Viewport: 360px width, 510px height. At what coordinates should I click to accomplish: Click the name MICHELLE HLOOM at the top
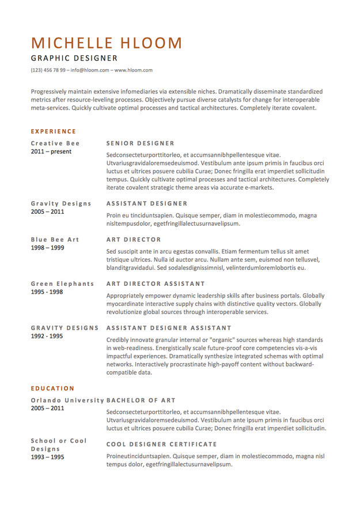point(107,43)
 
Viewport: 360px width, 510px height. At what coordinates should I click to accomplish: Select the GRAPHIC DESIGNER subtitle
point(74,58)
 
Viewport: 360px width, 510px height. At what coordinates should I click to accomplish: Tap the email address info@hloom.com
point(90,70)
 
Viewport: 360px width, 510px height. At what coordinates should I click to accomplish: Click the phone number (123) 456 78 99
point(48,70)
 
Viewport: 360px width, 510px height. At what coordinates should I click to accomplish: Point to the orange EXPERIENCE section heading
point(53,131)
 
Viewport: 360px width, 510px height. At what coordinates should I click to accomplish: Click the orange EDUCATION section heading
point(52,388)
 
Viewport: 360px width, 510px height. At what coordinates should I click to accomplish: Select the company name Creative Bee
point(55,143)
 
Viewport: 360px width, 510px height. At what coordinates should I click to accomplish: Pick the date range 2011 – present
point(51,152)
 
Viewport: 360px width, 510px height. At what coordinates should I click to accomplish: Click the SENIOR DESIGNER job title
point(140,143)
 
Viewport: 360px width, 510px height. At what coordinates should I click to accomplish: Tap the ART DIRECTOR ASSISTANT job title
point(156,284)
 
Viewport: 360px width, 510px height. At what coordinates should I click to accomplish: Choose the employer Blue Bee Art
point(55,240)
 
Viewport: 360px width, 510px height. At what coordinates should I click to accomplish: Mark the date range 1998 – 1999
point(47,248)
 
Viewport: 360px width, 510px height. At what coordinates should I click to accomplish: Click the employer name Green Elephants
point(62,284)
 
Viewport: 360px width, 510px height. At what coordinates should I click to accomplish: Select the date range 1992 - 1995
point(47,336)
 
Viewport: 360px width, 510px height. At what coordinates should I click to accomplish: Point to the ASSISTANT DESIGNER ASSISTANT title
point(169,328)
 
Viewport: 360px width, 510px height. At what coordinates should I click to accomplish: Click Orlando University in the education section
point(67,400)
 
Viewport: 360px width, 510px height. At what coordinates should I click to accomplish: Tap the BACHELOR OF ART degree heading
point(141,400)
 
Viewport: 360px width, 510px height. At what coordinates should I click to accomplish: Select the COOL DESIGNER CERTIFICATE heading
point(161,444)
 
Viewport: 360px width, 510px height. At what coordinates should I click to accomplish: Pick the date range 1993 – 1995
point(47,457)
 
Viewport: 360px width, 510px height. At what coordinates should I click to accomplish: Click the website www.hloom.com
point(134,70)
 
